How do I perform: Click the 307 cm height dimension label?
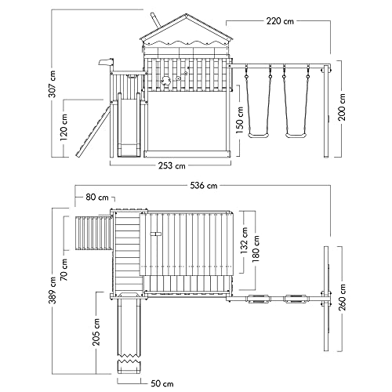(53, 84)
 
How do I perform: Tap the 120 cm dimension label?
(64, 127)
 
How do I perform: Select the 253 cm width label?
(172, 165)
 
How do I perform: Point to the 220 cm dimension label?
(280, 21)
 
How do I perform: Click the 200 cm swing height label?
(342, 107)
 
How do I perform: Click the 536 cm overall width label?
(204, 186)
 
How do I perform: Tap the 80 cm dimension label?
(97, 197)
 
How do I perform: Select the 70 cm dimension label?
(64, 270)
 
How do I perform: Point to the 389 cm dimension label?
(53, 290)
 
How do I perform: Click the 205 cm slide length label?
(96, 332)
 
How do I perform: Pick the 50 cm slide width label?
(162, 383)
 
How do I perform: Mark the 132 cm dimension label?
(244, 241)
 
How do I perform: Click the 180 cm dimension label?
(256, 249)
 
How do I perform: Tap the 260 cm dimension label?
(342, 298)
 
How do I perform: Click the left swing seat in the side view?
(259, 136)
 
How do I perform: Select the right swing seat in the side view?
(296, 136)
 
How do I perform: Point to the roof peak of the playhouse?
(187, 15)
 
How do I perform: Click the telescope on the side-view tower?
(107, 63)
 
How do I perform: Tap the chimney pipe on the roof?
(155, 20)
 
